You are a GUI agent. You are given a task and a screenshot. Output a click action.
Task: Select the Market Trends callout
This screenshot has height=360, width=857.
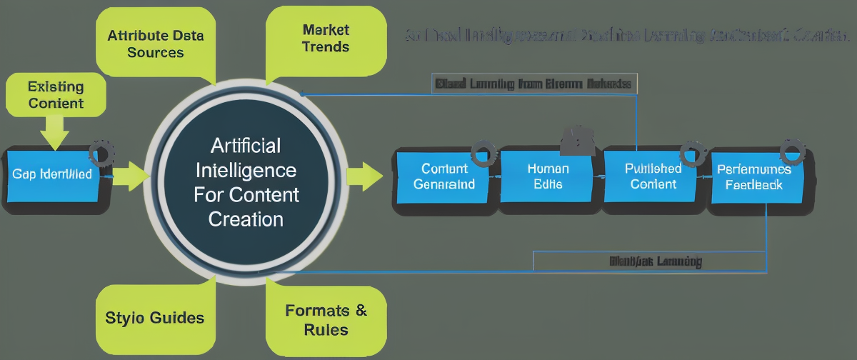coord(326,39)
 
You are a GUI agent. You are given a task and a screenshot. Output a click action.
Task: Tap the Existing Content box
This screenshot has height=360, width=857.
coord(56,95)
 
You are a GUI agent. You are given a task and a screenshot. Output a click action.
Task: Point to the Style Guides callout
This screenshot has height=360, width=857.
coord(155,317)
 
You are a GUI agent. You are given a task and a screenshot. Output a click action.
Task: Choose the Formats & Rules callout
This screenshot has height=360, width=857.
coord(326,319)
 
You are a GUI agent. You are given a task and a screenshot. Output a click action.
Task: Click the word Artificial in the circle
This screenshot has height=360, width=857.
coord(246,146)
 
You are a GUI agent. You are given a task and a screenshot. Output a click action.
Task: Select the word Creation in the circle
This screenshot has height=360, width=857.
coord(246,219)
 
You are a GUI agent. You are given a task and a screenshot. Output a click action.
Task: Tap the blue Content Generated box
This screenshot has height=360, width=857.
coord(444,176)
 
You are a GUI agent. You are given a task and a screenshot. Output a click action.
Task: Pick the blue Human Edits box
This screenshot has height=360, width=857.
coord(548,176)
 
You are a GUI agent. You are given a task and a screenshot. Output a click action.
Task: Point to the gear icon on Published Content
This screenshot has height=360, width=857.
coord(691,151)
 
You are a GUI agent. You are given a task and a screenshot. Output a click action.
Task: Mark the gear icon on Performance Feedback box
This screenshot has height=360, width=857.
coord(792,151)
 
